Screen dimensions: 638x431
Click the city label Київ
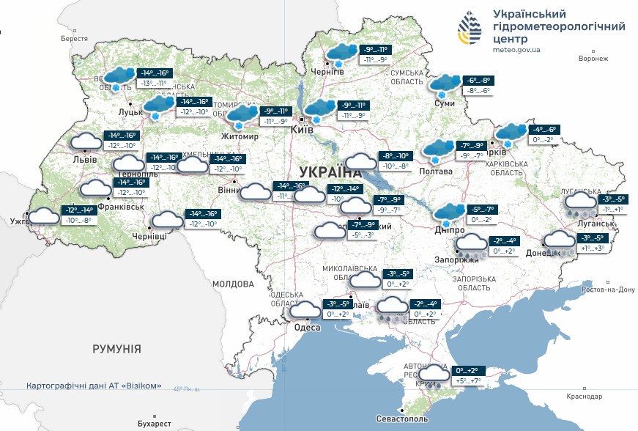click(x=303, y=130)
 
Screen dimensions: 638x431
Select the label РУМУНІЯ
click(x=116, y=349)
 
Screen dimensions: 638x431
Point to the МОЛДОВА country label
click(x=233, y=283)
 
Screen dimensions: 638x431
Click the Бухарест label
click(x=154, y=424)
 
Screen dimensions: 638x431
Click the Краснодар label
click(x=585, y=396)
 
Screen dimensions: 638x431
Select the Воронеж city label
click(x=593, y=59)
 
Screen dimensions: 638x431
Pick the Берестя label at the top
click(x=74, y=38)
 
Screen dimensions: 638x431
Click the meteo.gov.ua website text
click(x=516, y=50)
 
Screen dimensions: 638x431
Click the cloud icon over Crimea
click(x=434, y=375)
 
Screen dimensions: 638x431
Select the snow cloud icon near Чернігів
click(x=341, y=54)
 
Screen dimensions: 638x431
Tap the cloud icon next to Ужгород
click(x=44, y=215)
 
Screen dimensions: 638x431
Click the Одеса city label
click(x=308, y=328)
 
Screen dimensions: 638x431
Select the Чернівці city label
click(x=149, y=236)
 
